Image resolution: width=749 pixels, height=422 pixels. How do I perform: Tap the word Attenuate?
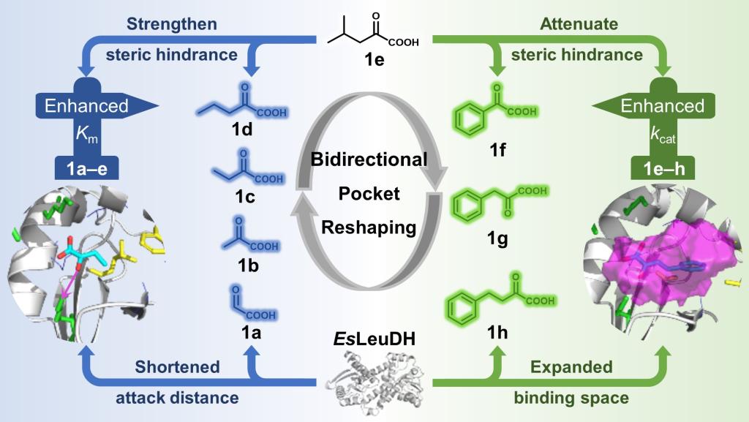[x=578, y=25]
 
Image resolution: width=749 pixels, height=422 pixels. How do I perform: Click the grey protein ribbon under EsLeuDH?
[x=373, y=374]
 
